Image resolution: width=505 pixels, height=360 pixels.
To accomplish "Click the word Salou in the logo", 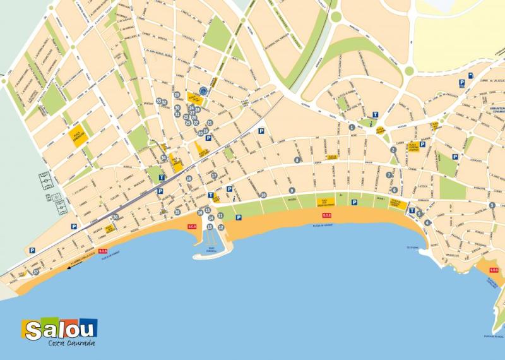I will [x=61, y=329].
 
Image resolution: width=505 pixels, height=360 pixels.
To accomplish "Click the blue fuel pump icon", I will [x=470, y=75].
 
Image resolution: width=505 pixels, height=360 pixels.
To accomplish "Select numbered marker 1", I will [x=352, y=127].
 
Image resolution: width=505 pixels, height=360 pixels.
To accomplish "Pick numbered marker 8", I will [x=297, y=160].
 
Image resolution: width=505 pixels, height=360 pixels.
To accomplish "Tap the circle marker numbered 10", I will [x=263, y=195].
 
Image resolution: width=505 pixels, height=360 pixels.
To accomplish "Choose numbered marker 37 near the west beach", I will [x=36, y=272].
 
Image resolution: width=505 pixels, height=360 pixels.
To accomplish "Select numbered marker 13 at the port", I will [x=210, y=226].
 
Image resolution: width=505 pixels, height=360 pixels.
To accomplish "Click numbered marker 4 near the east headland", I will [x=427, y=222].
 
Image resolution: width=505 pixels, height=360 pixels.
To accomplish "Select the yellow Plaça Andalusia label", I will [x=78, y=137].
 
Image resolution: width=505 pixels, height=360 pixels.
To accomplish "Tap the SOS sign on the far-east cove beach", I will [x=493, y=270].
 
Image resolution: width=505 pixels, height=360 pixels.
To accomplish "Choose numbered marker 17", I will [x=214, y=176].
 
